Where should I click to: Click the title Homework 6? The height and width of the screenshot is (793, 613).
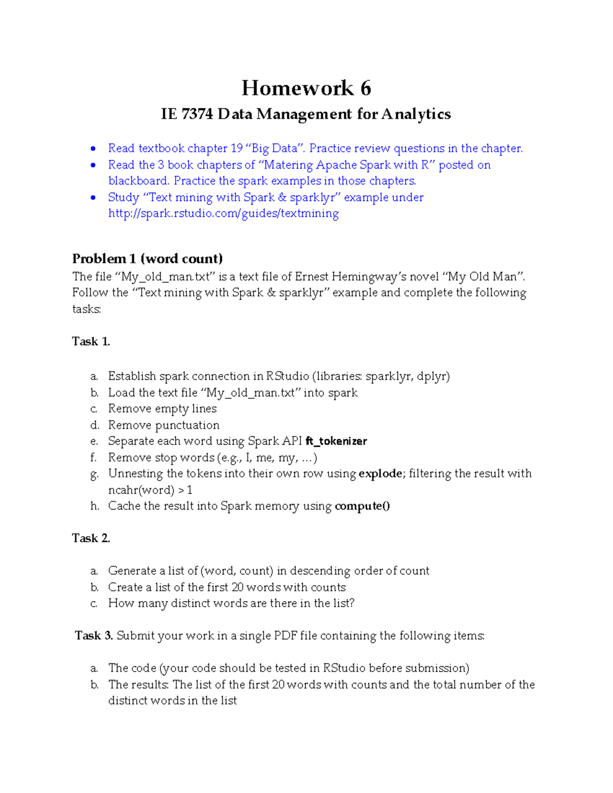point(306,88)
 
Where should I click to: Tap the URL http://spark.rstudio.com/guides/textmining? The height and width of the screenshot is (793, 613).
point(223,213)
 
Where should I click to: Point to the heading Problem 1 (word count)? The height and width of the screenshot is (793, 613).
point(147,258)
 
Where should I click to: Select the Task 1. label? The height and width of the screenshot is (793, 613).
point(91,342)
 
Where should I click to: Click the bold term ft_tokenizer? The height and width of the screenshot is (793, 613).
point(336,441)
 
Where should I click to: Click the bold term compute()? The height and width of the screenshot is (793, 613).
point(362,506)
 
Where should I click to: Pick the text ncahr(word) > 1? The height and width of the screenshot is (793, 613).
point(150,490)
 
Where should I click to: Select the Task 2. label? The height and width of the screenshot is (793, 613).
point(91,538)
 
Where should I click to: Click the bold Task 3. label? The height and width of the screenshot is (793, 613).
point(93,636)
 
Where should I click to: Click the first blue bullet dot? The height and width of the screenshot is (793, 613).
point(93,149)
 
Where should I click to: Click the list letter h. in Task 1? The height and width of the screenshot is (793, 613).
point(95,506)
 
